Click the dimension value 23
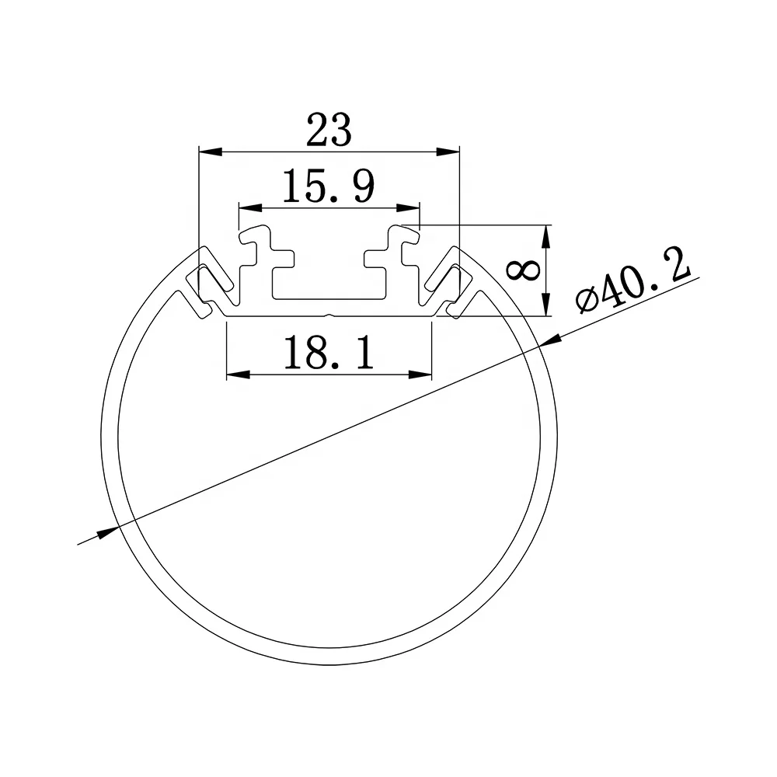(x=329, y=129)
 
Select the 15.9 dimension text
(x=329, y=187)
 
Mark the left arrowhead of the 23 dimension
(x=208, y=149)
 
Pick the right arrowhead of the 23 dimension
(x=448, y=149)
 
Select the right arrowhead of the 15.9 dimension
(x=409, y=208)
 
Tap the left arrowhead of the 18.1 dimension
(x=236, y=375)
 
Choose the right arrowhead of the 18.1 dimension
(x=421, y=375)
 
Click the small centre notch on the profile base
(x=329, y=315)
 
